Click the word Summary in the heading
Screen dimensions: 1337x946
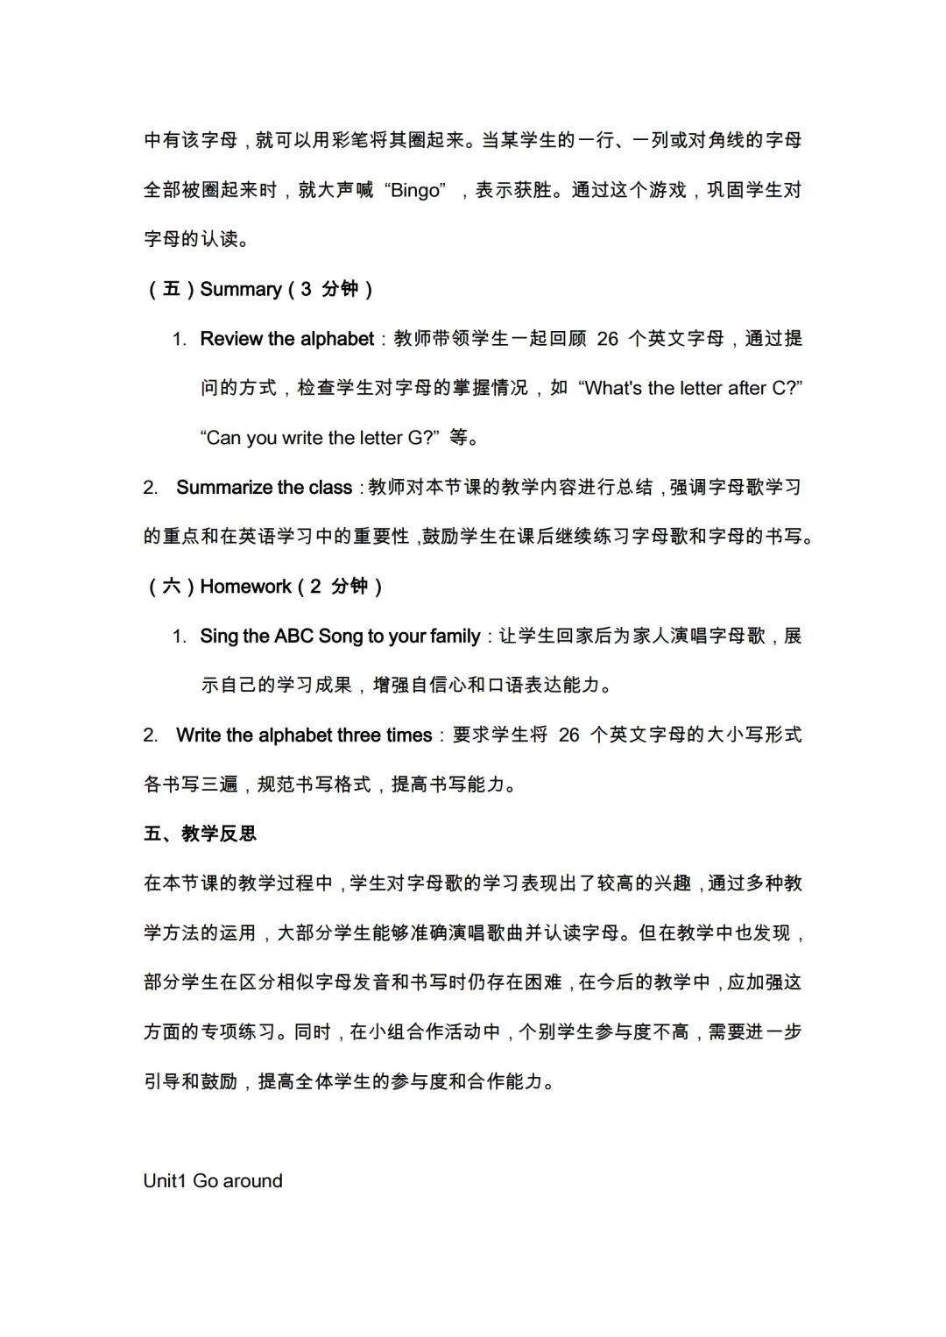point(241,289)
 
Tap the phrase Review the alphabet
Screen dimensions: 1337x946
point(286,339)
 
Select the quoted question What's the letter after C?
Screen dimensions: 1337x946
point(690,388)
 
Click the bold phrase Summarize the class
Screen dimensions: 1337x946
point(264,488)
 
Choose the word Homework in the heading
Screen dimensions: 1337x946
point(245,587)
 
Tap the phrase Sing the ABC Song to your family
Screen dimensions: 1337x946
point(340,636)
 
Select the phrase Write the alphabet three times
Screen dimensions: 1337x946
point(304,735)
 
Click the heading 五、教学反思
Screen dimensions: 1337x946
point(201,834)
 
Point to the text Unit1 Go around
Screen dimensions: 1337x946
point(213,1180)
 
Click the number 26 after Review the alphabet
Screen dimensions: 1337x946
point(608,339)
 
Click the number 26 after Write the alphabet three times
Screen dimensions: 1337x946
point(569,735)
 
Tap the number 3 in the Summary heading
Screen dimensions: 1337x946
point(306,289)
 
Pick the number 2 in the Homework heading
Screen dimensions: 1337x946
point(315,587)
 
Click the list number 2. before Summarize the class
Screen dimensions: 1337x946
point(151,488)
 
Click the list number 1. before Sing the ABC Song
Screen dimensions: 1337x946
point(180,636)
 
